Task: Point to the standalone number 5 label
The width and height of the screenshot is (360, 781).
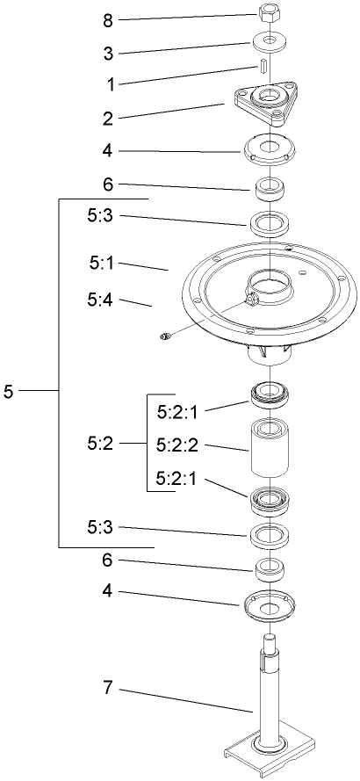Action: point(8,391)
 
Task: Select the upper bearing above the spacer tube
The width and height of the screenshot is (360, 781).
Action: point(271,394)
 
